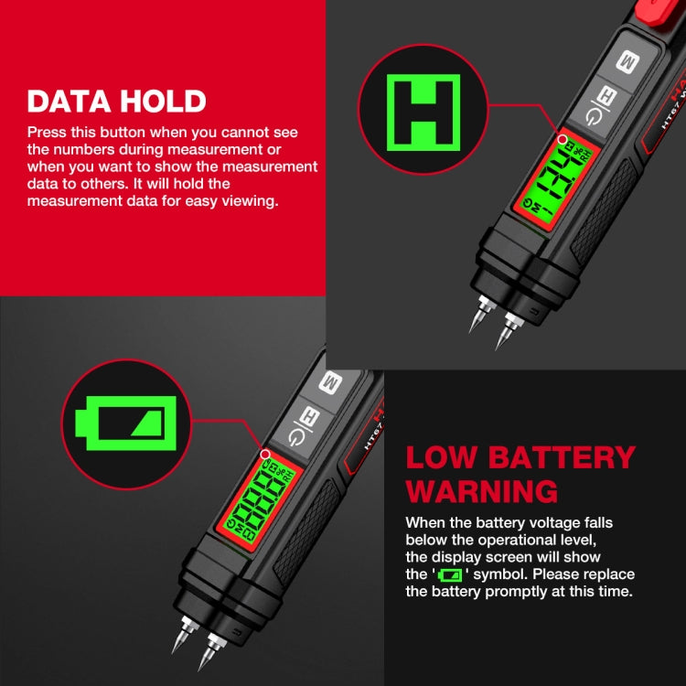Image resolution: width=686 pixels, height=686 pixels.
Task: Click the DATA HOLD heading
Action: pyautogui.click(x=117, y=101)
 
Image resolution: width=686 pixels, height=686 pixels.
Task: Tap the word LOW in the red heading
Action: pyautogui.click(x=441, y=457)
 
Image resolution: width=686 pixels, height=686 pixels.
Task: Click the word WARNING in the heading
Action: pyautogui.click(x=482, y=492)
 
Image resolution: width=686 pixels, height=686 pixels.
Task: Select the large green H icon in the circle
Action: pyautogui.click(x=423, y=113)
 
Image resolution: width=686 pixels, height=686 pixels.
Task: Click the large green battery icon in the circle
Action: pyautogui.click(x=126, y=423)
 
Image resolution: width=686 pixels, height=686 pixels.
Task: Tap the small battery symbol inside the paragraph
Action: pyautogui.click(x=450, y=575)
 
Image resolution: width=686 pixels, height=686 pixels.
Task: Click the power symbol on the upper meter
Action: pyautogui.click(x=595, y=117)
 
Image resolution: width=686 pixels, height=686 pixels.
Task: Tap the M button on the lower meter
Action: pyautogui.click(x=330, y=382)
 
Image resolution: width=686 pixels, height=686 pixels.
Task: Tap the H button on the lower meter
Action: pyautogui.click(x=310, y=415)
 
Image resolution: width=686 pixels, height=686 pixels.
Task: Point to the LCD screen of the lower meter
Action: pyautogui.click(x=259, y=502)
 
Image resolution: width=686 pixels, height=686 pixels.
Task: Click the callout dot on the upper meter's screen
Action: pyautogui.click(x=563, y=140)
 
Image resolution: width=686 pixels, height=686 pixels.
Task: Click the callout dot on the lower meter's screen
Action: pyautogui.click(x=265, y=455)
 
